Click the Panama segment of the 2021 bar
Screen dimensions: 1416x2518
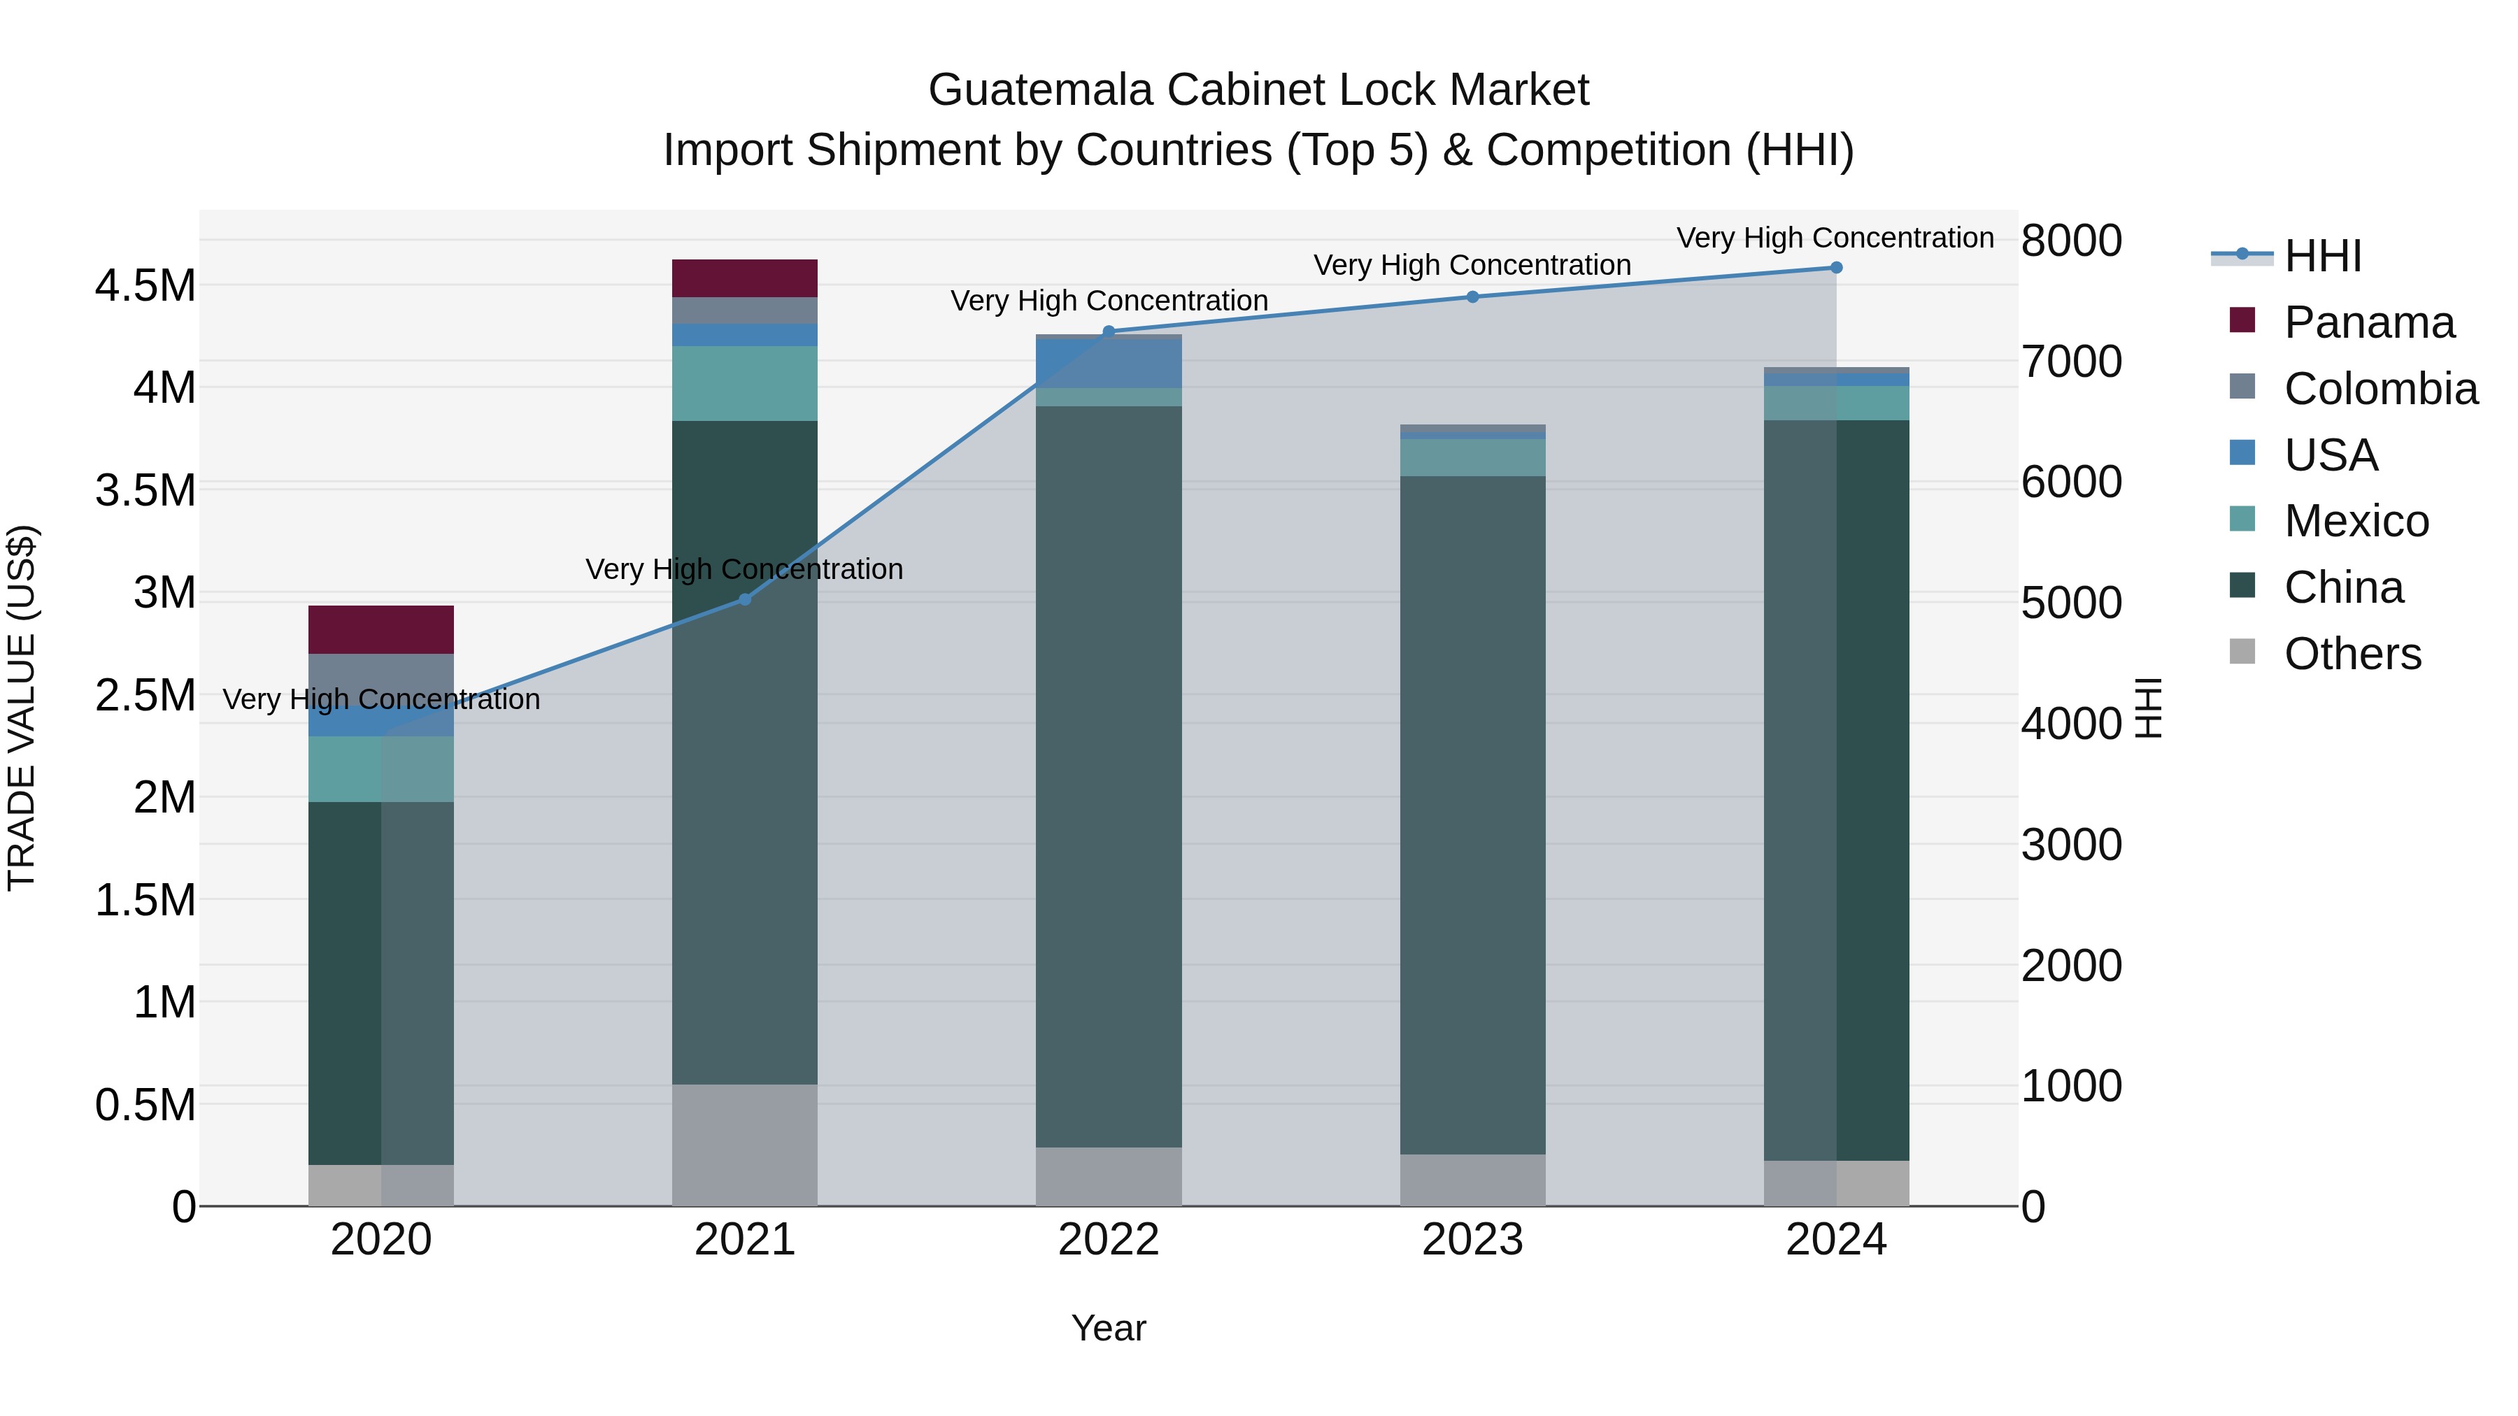[744, 278]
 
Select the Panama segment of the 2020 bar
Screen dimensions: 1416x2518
[380, 629]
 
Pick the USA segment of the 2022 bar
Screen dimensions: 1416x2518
[1109, 362]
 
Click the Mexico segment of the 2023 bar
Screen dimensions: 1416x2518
[1472, 457]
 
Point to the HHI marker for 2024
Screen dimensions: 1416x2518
[1836, 268]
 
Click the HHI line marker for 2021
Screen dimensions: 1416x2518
[744, 599]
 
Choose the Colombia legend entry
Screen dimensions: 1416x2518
[2380, 389]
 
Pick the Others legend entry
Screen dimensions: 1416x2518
[2351, 654]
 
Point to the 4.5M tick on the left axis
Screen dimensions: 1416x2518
[145, 286]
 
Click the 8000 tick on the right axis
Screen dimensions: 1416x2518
[2070, 241]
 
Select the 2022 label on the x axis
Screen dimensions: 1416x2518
[1109, 1240]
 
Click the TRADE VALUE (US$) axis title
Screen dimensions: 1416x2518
[22, 708]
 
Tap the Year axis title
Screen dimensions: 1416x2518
[1109, 1328]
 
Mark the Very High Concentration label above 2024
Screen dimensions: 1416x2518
[1835, 238]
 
